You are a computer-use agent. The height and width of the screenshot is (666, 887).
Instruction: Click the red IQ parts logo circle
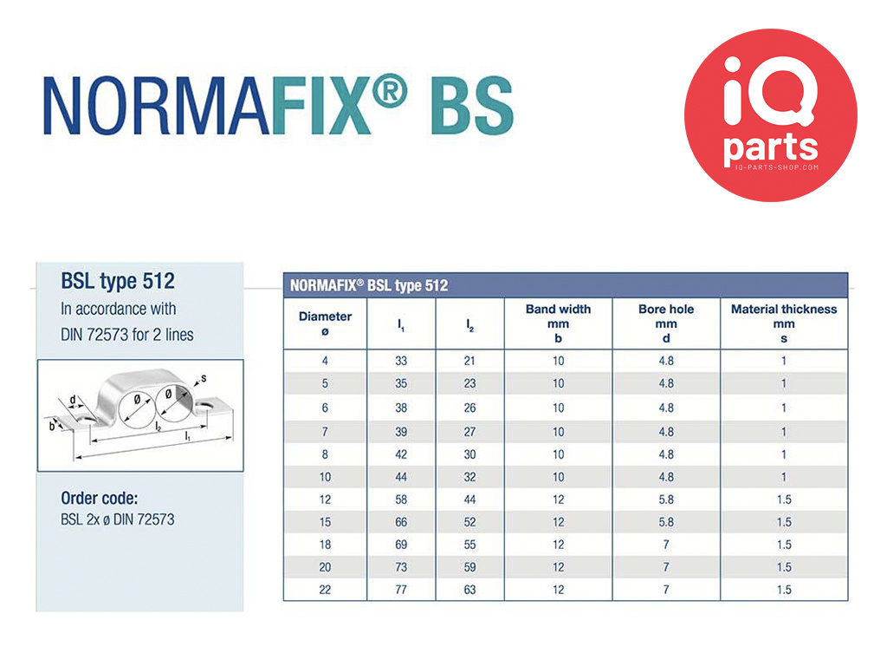pos(770,115)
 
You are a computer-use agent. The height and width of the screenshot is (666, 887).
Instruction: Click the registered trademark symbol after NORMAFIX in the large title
pos(390,90)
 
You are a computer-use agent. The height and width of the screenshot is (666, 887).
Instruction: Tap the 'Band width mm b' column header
pos(558,323)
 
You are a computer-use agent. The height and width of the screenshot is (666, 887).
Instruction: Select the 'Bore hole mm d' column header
pos(666,323)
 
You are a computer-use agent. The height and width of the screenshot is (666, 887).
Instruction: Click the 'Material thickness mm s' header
pos(783,323)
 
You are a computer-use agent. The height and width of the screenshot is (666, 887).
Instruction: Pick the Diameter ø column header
pos(325,323)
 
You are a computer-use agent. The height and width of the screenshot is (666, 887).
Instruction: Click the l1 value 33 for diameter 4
pos(401,361)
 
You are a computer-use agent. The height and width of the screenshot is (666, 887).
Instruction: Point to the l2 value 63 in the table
pos(469,590)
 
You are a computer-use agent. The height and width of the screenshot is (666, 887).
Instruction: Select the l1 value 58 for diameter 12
pos(401,499)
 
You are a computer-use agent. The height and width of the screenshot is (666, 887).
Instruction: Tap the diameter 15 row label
pos(325,522)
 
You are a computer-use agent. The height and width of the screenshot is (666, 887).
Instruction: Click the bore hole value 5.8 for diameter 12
pos(666,499)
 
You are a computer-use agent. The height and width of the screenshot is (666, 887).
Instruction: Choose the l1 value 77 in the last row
pos(401,590)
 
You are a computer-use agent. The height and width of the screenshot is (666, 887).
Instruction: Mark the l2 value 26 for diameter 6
pos(469,408)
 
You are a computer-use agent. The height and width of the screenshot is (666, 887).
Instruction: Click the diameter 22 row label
pos(325,590)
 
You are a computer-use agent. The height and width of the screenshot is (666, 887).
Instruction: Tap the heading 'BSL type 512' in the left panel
pos(118,282)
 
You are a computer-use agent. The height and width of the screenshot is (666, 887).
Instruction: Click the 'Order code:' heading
pos(99,499)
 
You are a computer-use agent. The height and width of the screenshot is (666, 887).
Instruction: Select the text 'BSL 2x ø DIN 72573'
pos(118,519)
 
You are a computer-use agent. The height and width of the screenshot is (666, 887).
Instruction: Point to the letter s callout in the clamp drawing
pos(204,378)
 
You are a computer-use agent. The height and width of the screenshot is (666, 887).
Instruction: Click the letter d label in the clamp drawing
pos(73,400)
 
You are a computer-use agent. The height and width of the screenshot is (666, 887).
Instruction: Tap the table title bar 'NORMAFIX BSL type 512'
pos(565,285)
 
